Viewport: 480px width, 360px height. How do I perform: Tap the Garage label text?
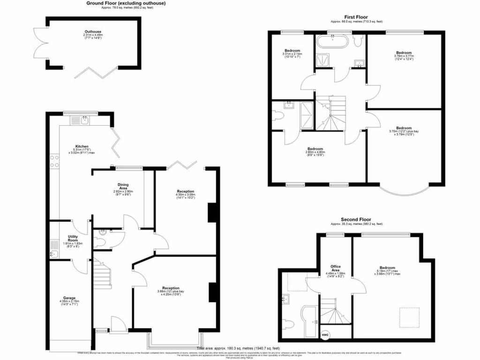69,298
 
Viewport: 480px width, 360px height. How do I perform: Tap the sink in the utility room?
54,254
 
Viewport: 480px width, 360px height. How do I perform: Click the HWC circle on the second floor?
325,334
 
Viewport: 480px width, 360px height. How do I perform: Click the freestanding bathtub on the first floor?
332,42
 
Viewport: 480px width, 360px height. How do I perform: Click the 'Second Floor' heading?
356,219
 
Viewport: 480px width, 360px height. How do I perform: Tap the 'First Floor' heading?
356,16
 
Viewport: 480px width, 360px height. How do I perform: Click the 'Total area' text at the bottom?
239,349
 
